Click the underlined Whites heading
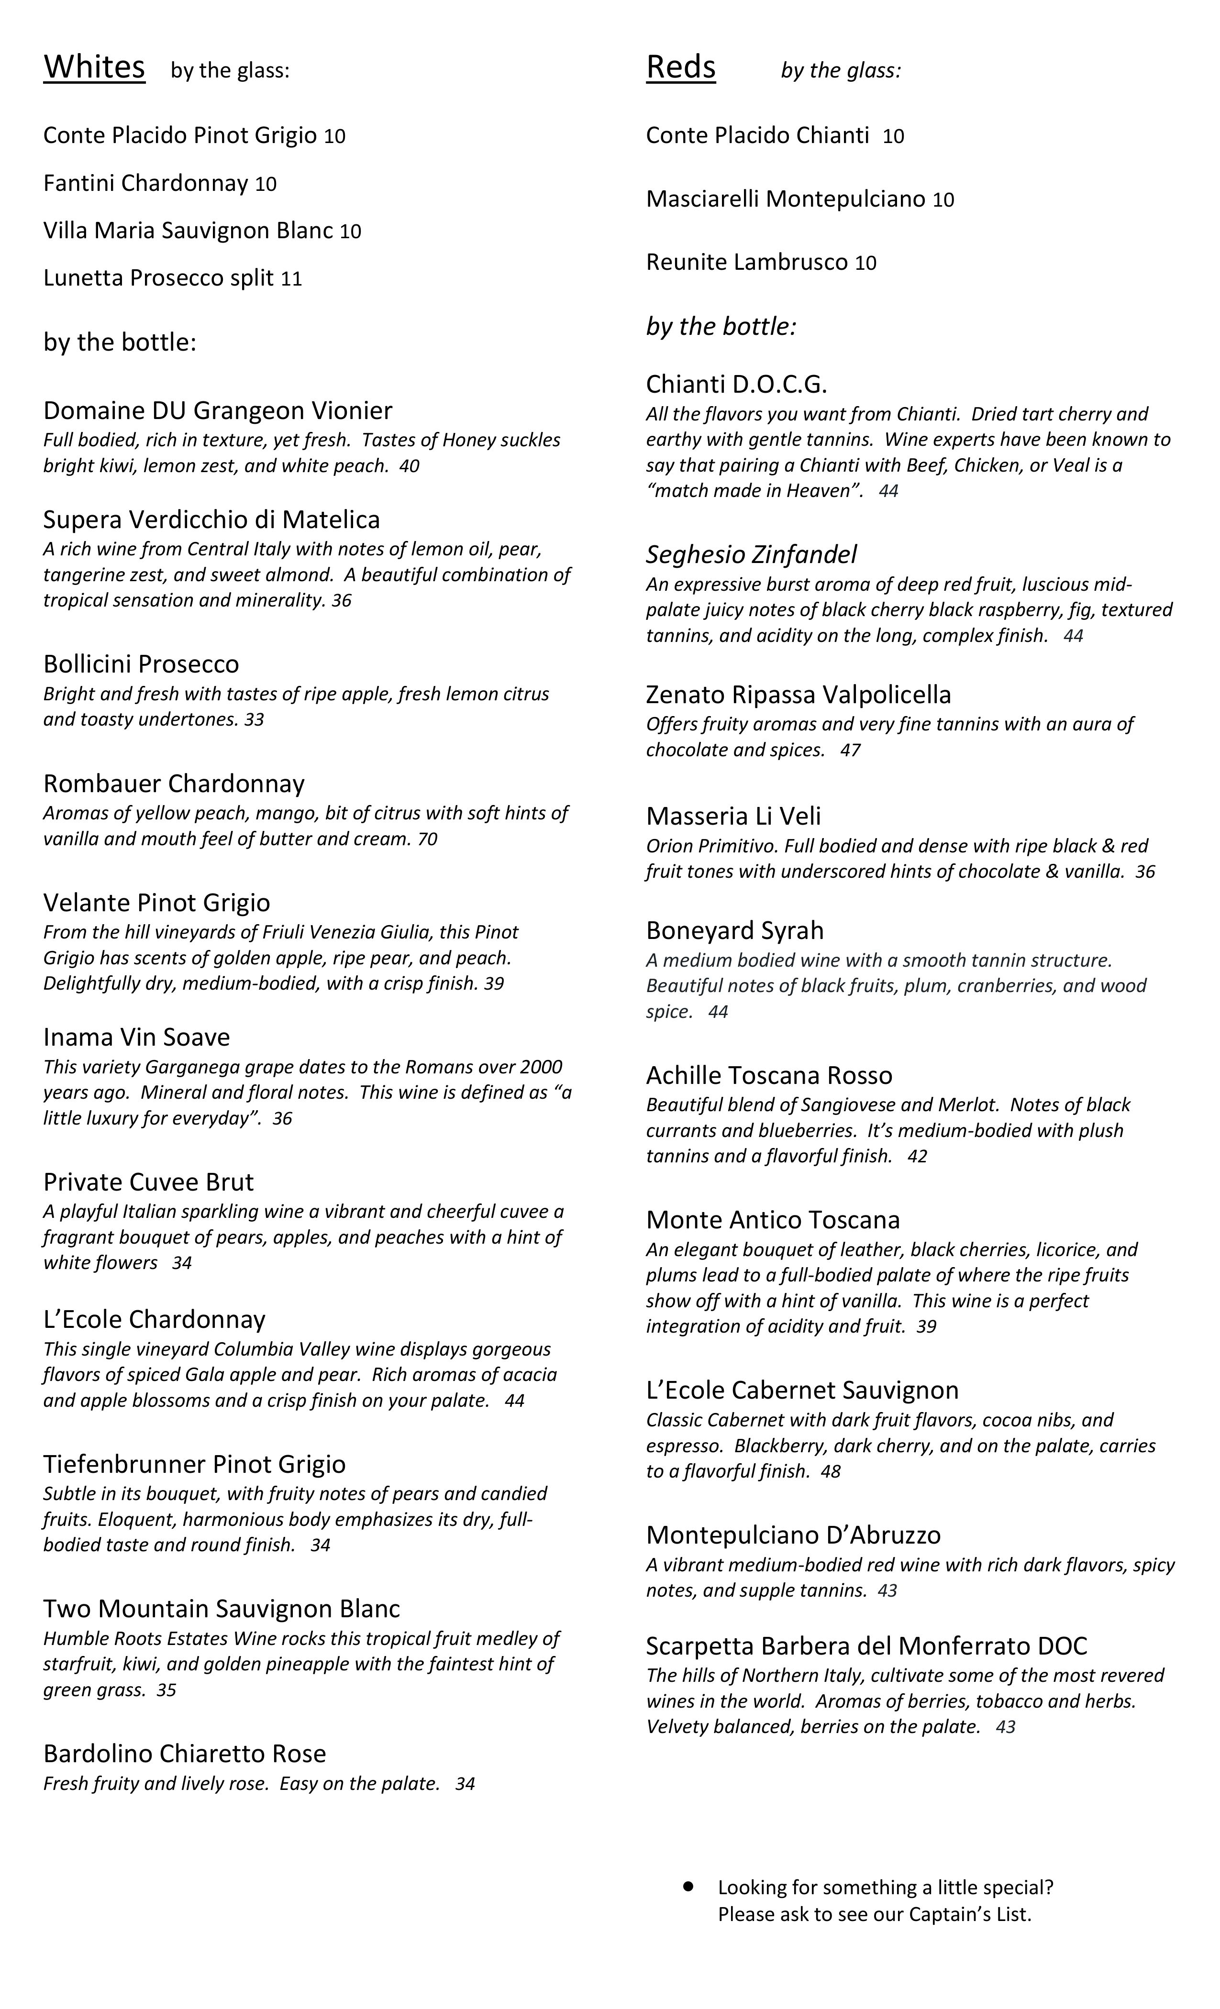pos(94,67)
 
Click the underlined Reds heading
pos(680,67)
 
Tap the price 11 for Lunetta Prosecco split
pos(291,279)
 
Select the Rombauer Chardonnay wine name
pos(174,784)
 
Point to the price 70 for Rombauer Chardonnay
pos(427,839)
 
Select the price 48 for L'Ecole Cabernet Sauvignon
pos(831,1472)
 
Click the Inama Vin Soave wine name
pos(136,1037)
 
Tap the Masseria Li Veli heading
pos(733,816)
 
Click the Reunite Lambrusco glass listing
pos(760,263)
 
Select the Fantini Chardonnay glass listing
pos(159,184)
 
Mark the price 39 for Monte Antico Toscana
pos(926,1326)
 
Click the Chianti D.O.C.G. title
pos(736,384)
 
